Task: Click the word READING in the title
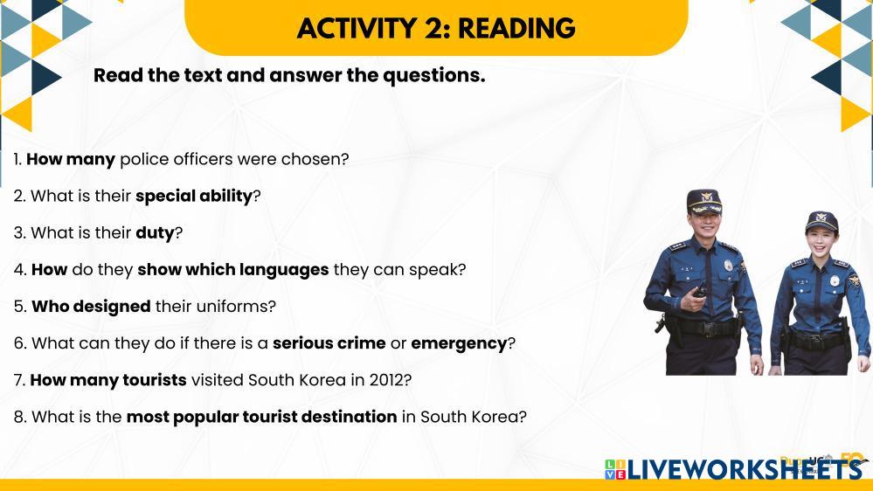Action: [x=516, y=28]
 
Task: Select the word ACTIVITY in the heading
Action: [x=357, y=28]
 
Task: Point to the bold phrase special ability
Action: [x=194, y=196]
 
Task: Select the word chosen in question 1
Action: [x=315, y=159]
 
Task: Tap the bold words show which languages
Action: [x=233, y=270]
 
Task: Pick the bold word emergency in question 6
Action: [x=459, y=343]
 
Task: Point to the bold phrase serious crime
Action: [x=329, y=343]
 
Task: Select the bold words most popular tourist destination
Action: [x=261, y=417]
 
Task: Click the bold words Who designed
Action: [x=91, y=306]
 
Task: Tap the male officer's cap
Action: [x=704, y=201]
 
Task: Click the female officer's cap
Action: [x=821, y=222]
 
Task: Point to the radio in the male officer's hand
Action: [x=699, y=292]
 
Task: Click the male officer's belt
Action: [x=703, y=327]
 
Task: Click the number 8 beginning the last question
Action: [x=19, y=417]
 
